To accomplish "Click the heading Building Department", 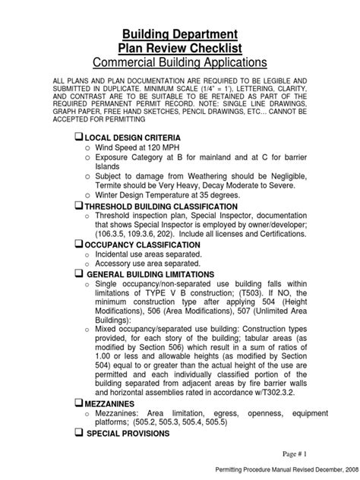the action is pos(180,34).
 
